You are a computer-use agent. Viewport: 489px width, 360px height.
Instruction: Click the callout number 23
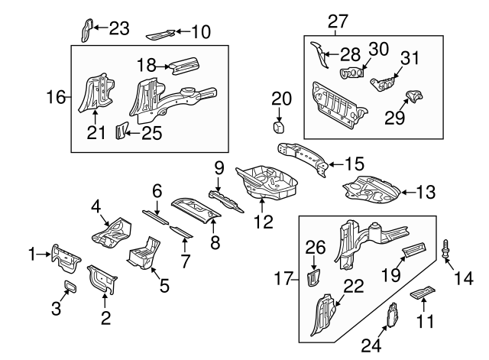tap(119, 29)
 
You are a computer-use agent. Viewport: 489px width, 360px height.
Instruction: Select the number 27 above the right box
tap(336, 22)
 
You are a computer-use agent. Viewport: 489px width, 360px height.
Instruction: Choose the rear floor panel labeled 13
tap(371, 188)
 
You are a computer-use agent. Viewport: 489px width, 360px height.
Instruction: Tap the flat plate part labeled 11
tap(422, 293)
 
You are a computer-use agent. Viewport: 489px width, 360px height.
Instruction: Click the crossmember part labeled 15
tap(304, 156)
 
